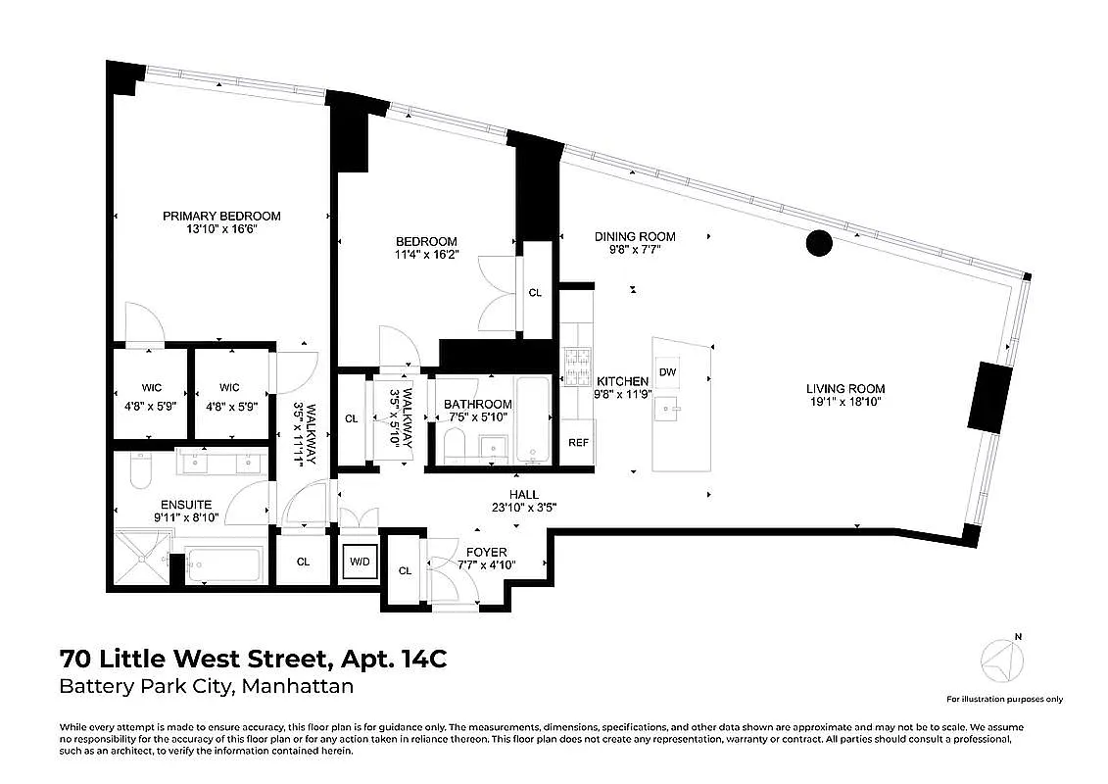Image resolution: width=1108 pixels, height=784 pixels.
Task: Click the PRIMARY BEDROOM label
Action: pos(221,216)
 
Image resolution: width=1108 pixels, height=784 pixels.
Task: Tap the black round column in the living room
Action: pos(818,242)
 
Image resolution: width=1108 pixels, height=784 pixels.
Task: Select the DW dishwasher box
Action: pos(667,371)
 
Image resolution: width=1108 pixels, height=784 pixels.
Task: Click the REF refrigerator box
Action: pos(578,443)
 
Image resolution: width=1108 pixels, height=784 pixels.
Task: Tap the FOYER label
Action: pos(487,551)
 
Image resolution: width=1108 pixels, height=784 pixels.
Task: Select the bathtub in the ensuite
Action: pos(223,565)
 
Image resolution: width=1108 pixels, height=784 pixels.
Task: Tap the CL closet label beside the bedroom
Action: pos(535,292)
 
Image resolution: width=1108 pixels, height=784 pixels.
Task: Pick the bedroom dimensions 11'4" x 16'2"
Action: pos(426,256)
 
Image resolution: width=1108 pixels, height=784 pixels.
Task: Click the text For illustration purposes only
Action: pos(1003,700)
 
